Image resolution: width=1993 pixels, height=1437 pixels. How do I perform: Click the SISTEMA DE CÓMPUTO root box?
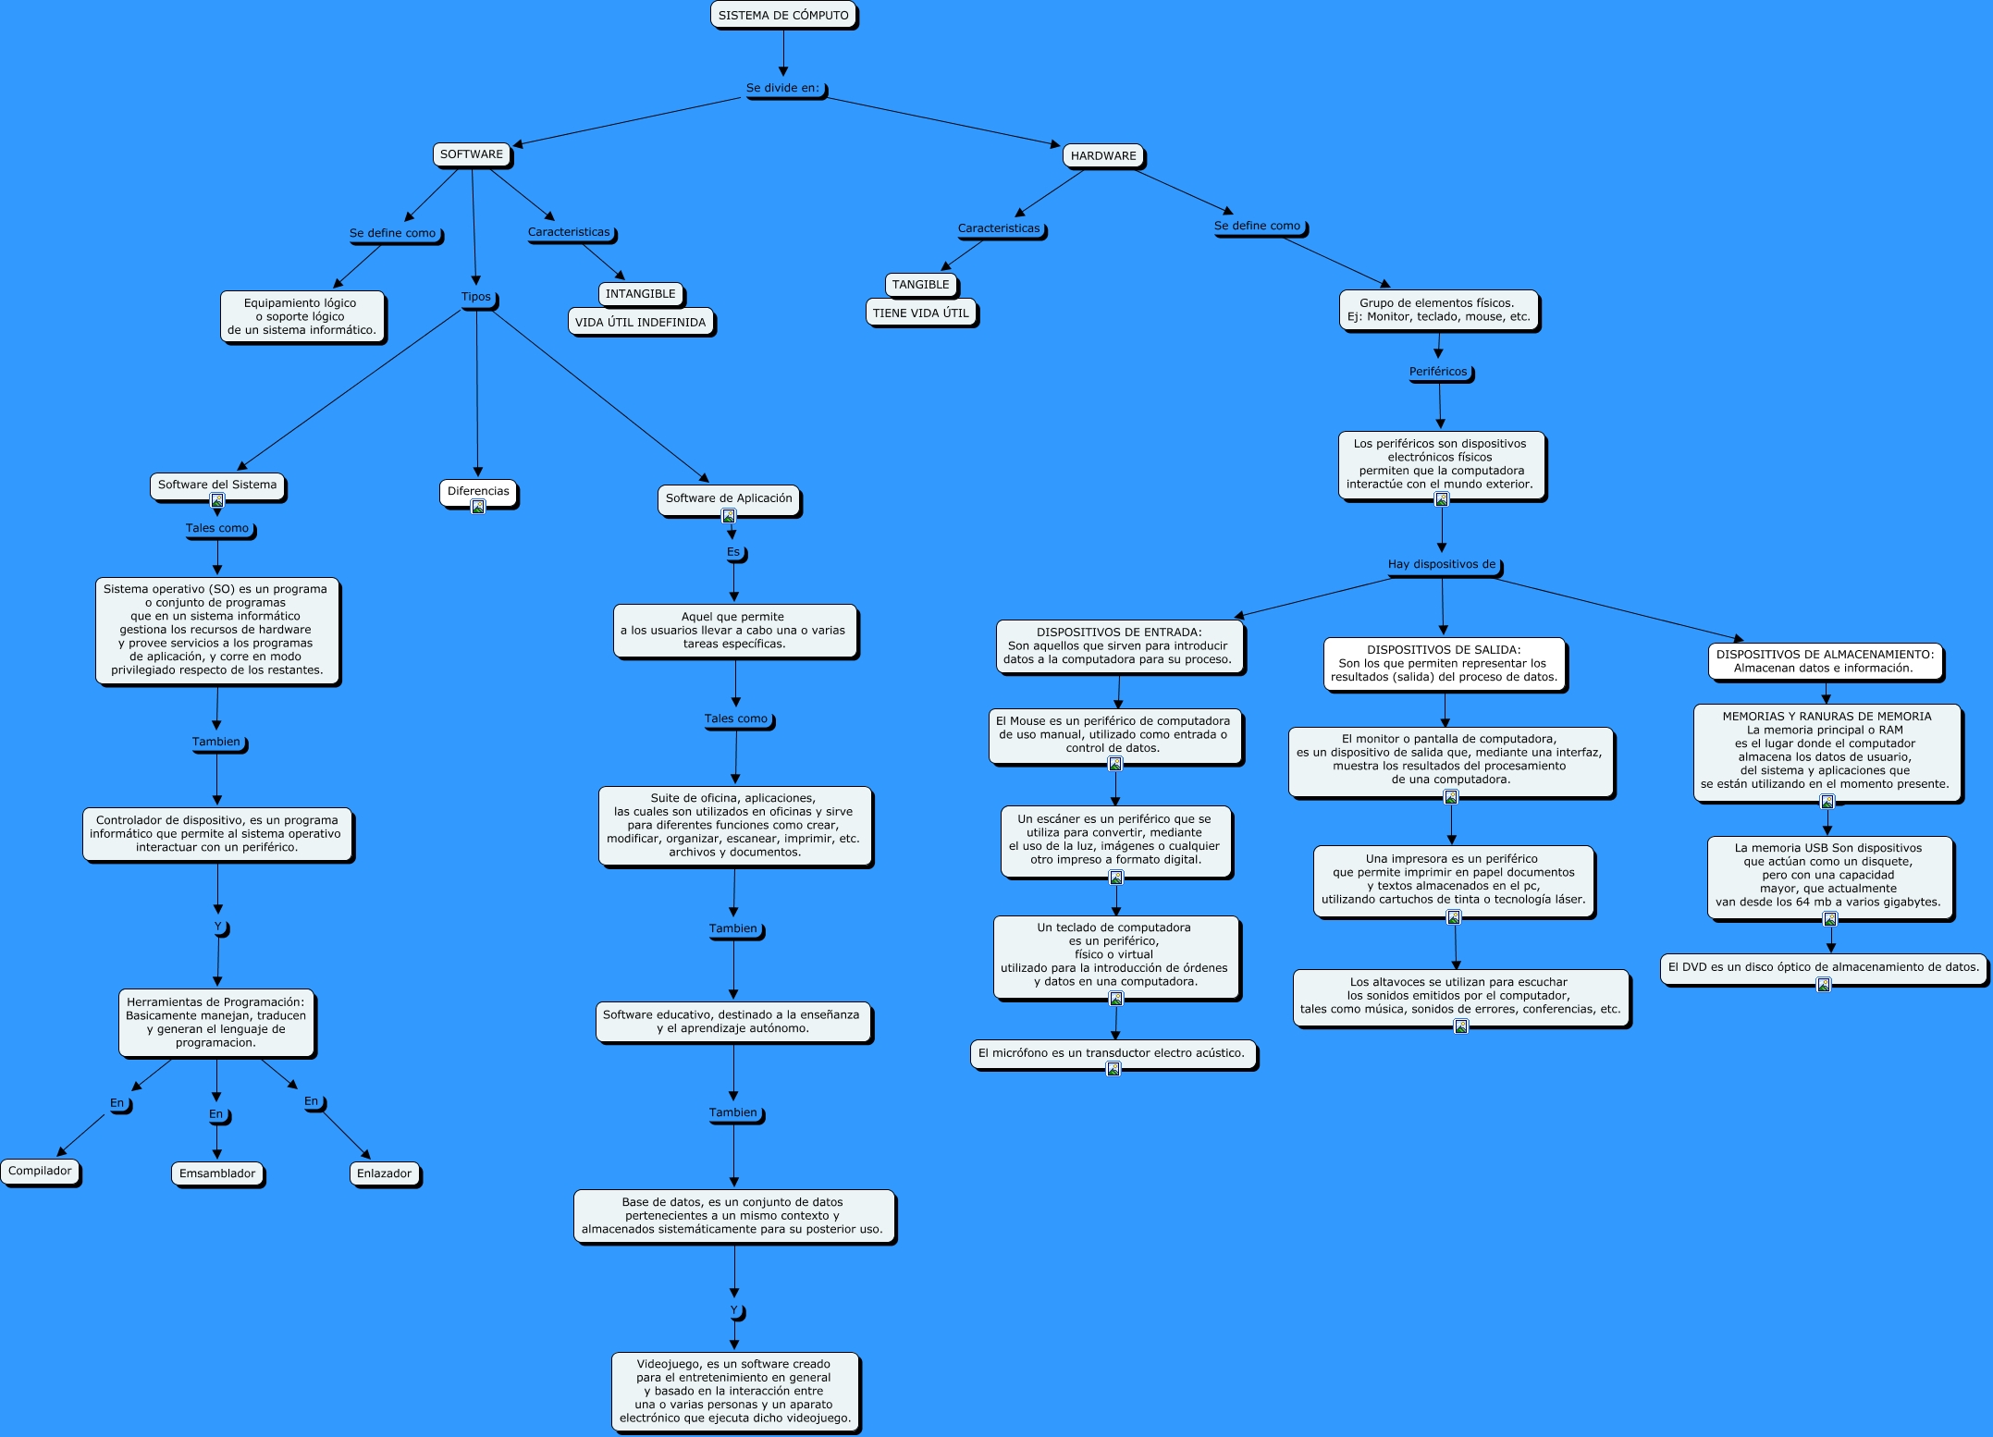783,16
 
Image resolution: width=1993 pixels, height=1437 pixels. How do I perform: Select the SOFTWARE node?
472,154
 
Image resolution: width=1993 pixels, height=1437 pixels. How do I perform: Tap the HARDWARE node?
1103,156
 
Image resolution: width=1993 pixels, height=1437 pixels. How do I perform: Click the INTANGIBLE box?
640,294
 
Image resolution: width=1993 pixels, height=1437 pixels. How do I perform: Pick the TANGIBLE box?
920,285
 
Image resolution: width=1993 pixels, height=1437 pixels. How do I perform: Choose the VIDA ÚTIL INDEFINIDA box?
640,323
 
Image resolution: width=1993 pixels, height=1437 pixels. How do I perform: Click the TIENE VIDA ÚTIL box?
920,313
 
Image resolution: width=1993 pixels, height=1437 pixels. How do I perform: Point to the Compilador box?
40,1172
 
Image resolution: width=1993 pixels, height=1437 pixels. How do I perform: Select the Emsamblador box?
217,1174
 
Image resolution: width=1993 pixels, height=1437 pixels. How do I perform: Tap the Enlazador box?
384,1174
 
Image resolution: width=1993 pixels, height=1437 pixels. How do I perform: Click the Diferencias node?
478,491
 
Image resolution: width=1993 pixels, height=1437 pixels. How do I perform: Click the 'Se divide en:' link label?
783,89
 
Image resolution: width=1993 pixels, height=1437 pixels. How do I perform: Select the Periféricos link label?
1438,373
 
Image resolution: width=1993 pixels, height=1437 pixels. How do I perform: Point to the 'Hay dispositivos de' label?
1441,565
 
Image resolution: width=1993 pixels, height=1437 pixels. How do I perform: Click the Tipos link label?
476,298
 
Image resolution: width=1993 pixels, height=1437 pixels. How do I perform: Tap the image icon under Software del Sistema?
217,501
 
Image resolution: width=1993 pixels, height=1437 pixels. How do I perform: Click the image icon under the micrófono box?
1113,1070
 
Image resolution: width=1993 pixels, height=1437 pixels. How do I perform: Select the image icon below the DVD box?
1824,985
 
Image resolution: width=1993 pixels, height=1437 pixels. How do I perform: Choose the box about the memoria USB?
1828,876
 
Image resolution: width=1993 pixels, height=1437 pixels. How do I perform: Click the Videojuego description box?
734,1391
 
